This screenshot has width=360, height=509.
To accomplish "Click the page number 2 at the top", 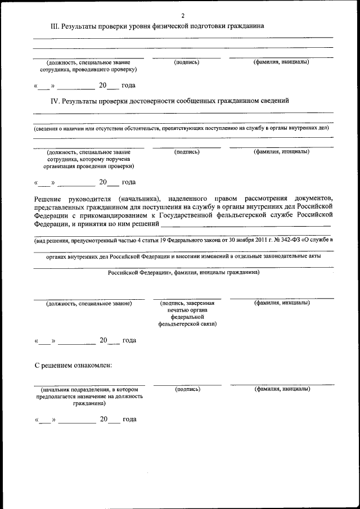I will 183,15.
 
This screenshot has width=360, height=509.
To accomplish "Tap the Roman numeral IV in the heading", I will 55,101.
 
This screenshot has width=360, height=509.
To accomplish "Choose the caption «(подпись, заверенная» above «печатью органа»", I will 187,303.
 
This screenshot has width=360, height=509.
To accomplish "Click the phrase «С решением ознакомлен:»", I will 73,366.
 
